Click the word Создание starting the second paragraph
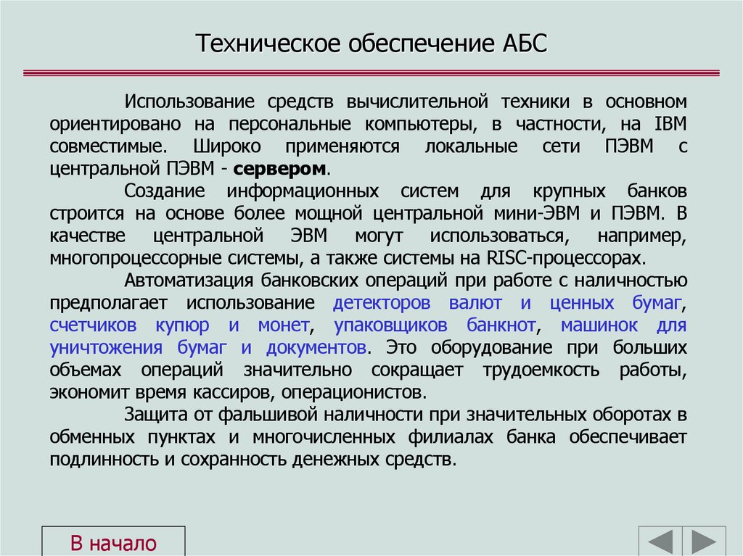pos(165,191)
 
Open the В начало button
pos(113,543)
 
